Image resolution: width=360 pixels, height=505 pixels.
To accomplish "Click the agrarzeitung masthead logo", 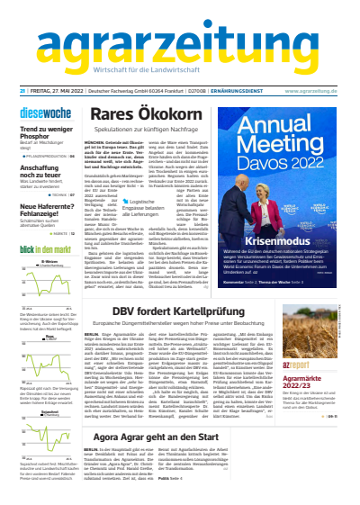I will point(180,41).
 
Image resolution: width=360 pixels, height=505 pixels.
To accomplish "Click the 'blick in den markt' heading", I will point(44,248).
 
